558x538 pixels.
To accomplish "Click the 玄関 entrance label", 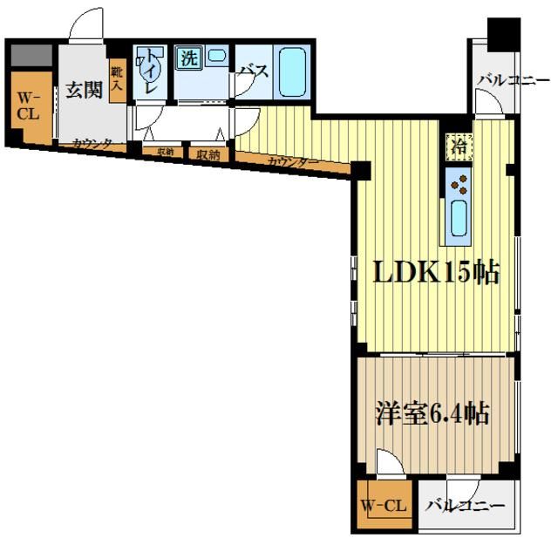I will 85,89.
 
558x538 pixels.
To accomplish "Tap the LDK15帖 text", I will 436,273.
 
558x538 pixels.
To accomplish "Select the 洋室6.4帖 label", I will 432,412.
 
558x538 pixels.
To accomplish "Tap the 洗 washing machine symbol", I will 188,59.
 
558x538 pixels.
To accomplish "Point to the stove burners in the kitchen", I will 459,183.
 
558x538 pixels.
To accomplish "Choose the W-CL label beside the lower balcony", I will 384,506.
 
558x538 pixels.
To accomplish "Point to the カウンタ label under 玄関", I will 92,144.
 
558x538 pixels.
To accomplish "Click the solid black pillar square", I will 503,34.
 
